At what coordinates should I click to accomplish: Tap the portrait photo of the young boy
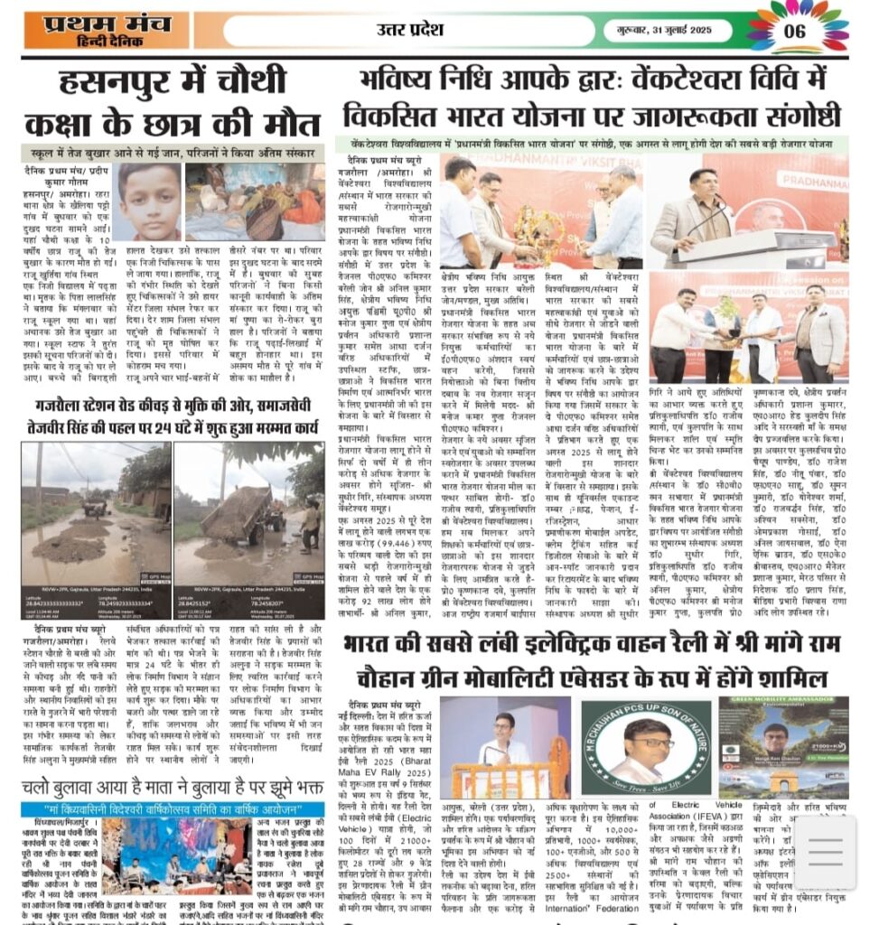point(150,201)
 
